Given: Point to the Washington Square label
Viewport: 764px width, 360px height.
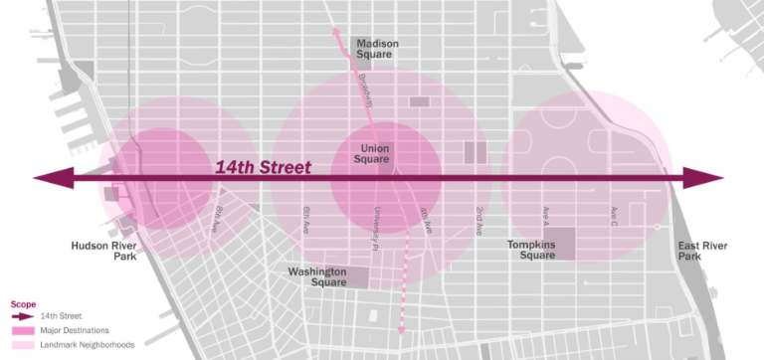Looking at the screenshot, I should (317, 275).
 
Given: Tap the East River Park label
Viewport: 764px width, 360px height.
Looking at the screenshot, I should (701, 250).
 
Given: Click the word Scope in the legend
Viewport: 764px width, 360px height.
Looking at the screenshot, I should (22, 303).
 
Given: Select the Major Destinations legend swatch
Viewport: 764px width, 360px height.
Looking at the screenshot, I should (22, 329).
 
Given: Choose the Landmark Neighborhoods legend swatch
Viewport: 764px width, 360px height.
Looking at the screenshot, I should (22, 344).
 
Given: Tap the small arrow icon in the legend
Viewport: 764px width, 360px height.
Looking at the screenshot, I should (22, 315).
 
